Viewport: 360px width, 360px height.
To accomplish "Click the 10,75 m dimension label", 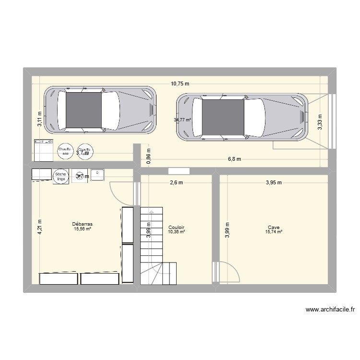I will click(180, 84).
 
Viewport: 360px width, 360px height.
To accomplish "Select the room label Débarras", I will click(82, 224).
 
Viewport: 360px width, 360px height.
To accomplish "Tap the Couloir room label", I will click(177, 227).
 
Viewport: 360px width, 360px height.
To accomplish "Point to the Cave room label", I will click(274, 228).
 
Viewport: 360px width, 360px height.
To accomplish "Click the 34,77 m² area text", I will click(182, 120).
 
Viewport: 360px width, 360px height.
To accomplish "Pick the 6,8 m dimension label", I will click(234, 159).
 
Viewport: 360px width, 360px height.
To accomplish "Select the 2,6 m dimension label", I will click(177, 182).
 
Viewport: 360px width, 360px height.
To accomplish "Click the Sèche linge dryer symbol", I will click(60, 176).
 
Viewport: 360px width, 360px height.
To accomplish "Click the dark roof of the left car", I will click(84, 110).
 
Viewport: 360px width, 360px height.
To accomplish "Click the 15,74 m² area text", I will click(274, 232).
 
